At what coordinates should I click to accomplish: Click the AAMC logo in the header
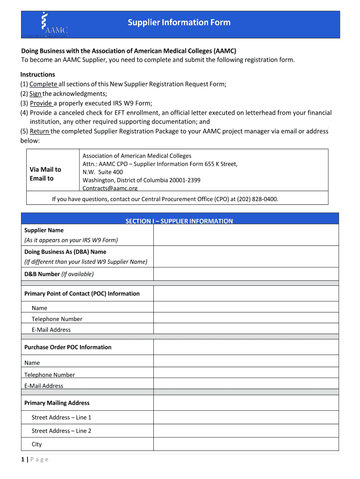(47, 25)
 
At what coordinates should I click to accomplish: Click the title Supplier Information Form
(180, 22)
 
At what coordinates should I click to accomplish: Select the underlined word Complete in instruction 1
(43, 84)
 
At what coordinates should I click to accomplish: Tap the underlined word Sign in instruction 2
(36, 94)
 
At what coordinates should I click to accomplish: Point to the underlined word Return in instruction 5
(40, 131)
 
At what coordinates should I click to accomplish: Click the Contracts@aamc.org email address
(110, 188)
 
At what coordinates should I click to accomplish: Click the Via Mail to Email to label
(45, 174)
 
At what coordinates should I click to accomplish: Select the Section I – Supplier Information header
(179, 221)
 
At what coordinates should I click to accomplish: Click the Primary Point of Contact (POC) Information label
(82, 294)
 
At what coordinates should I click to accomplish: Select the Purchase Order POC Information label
(68, 347)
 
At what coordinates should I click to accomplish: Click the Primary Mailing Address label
(57, 403)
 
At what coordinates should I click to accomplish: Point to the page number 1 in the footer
(22, 459)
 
